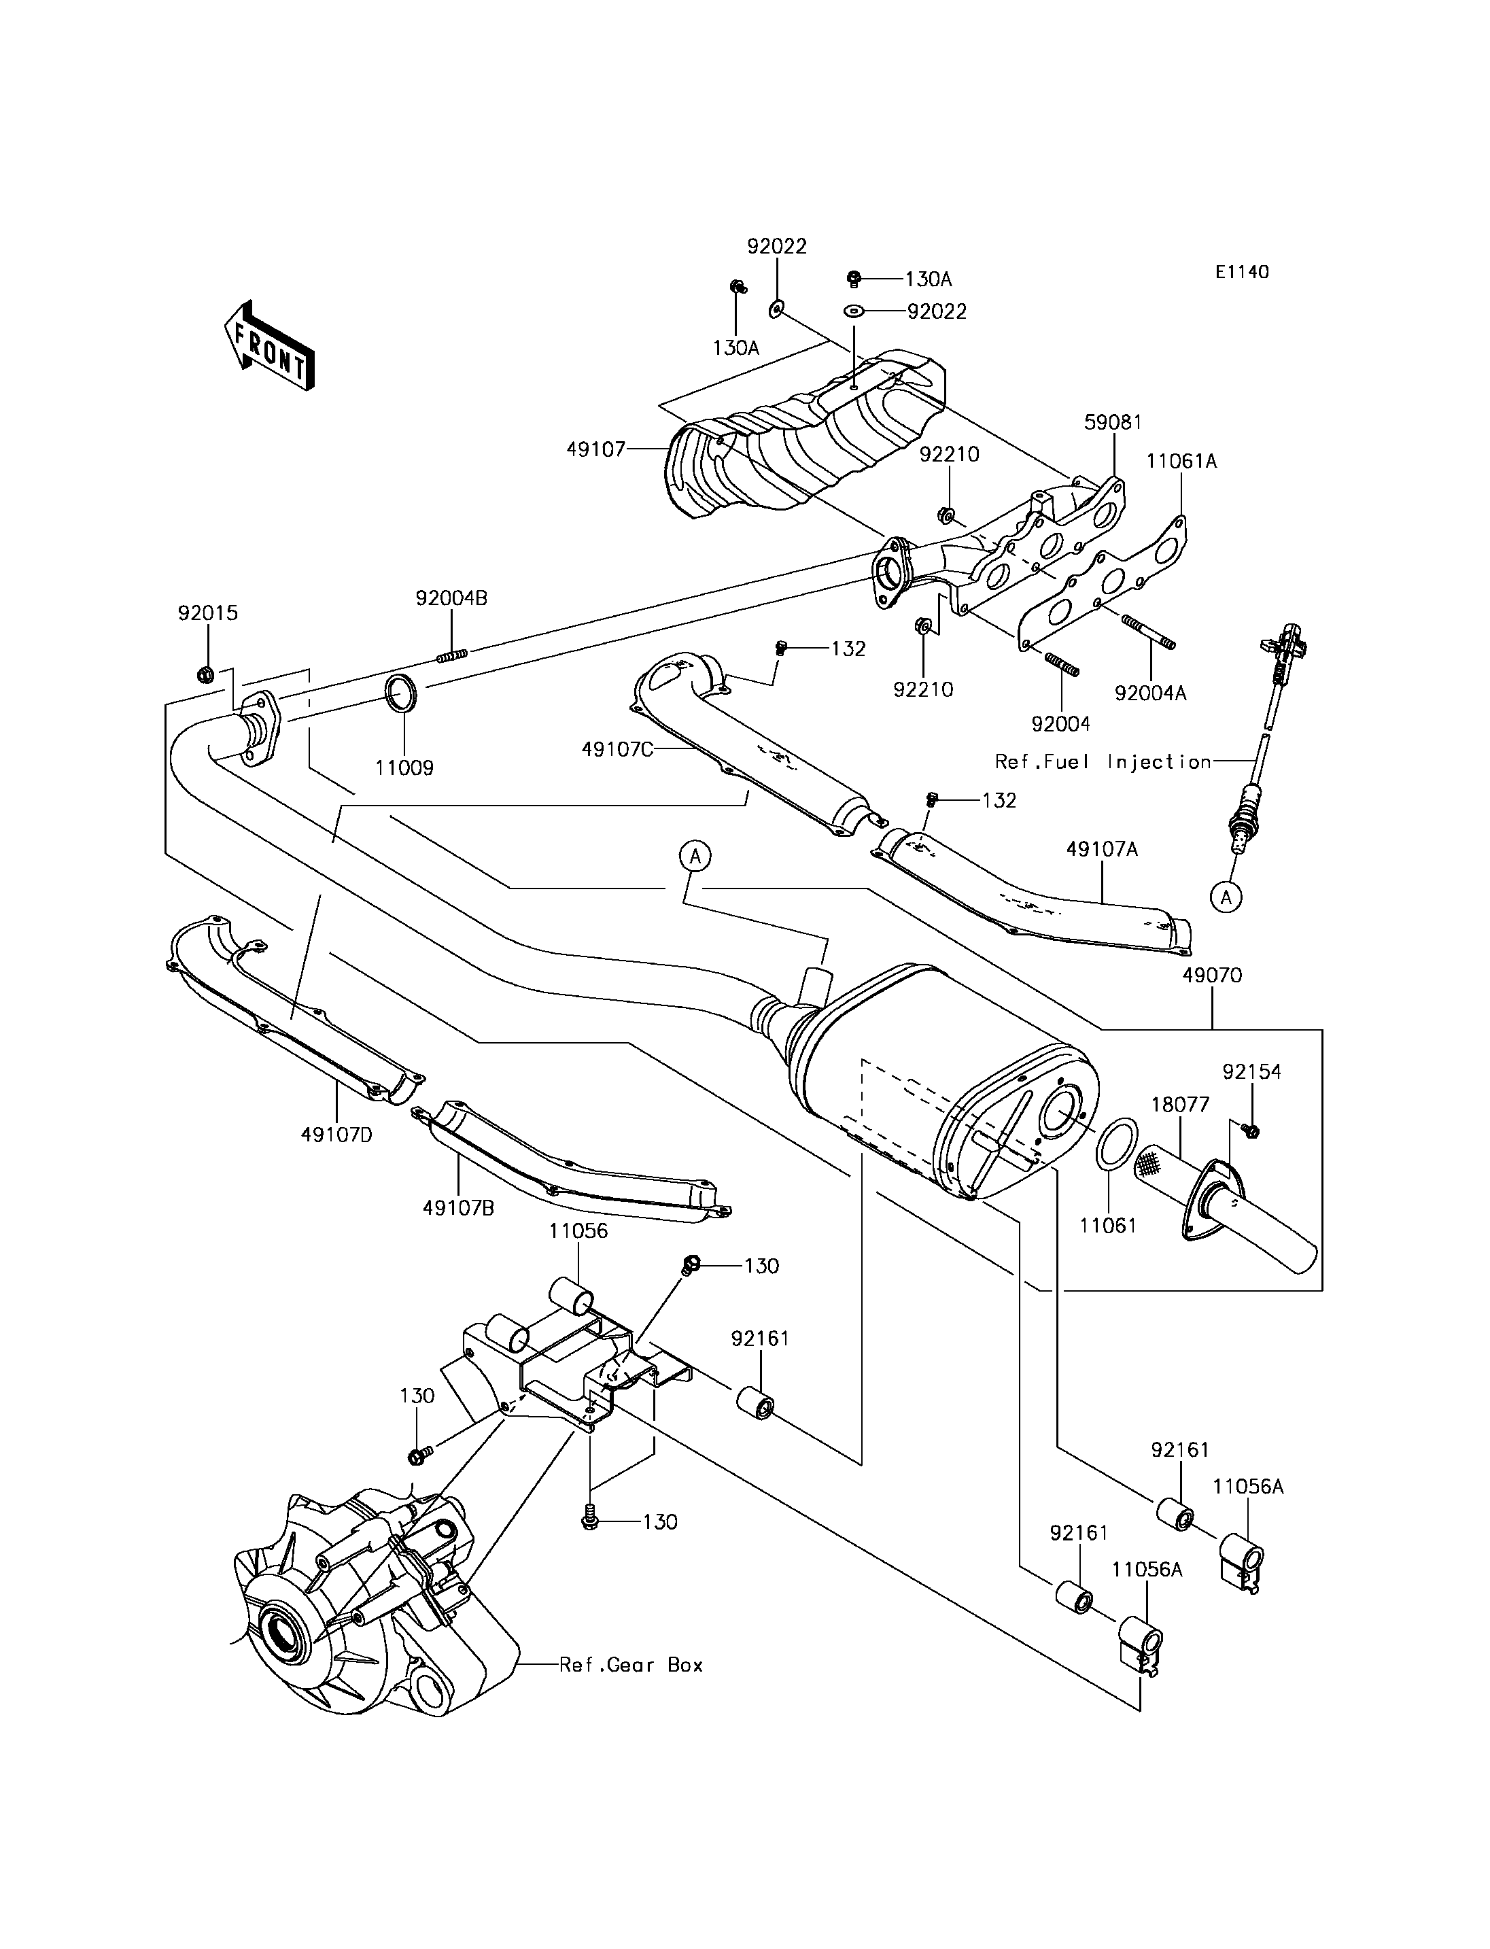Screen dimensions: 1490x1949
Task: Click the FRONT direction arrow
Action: click(x=268, y=346)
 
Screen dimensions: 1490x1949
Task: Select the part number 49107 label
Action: click(x=597, y=450)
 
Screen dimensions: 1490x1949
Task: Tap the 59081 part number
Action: click(x=1113, y=422)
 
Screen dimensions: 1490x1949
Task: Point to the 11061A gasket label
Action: click(x=1181, y=462)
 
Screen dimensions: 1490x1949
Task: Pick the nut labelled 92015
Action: click(x=204, y=675)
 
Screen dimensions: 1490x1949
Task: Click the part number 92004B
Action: click(x=451, y=598)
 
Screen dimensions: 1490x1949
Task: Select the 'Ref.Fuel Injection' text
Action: click(x=1103, y=761)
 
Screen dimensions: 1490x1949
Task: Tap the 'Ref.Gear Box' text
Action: click(x=631, y=1665)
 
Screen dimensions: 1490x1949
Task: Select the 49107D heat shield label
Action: click(x=337, y=1134)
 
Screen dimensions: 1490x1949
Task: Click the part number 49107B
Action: click(x=459, y=1207)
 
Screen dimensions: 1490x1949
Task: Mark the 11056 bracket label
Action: click(x=578, y=1230)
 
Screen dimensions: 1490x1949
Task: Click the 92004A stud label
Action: click(x=1150, y=693)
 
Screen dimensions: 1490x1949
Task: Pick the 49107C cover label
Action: click(x=617, y=748)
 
